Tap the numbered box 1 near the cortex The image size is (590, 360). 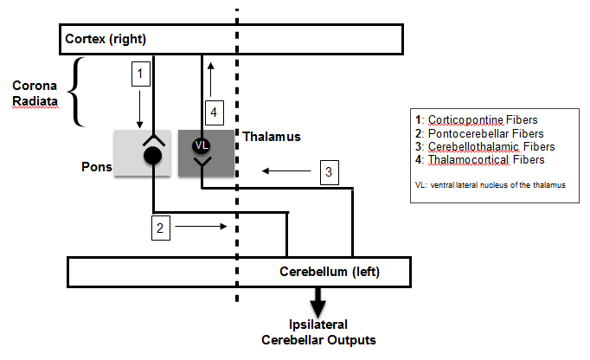tap(139, 74)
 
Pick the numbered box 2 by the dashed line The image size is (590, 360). tap(159, 228)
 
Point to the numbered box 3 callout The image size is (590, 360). tap(328, 171)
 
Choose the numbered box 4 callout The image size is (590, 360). tap(214, 111)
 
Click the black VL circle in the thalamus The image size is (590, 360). tap(201, 145)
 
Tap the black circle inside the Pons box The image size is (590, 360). tap(153, 155)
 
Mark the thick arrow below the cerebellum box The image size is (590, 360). tap(319, 302)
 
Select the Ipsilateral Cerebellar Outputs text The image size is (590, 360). tap(318, 332)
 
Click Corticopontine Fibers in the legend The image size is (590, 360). tap(489, 120)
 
